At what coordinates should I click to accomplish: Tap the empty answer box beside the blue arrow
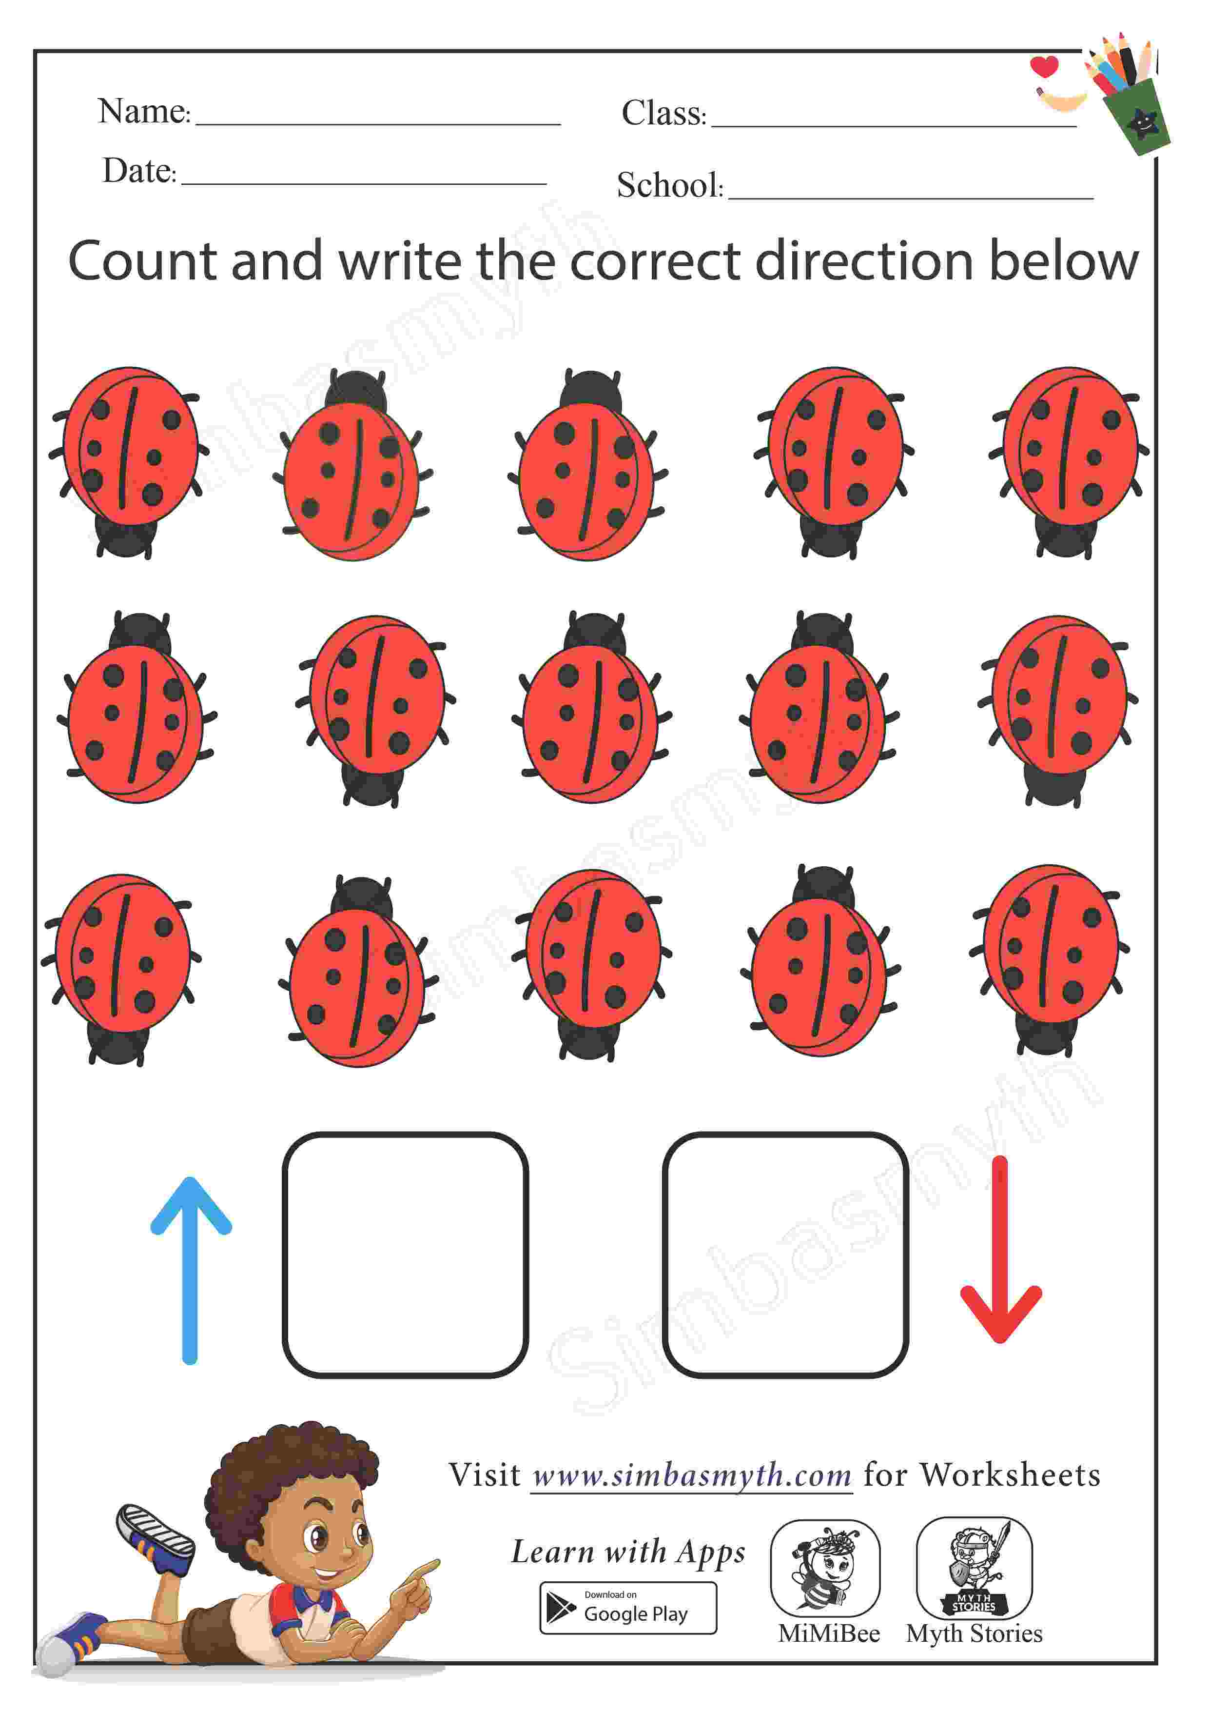click(x=405, y=1254)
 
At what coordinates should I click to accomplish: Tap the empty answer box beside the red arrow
click(x=785, y=1254)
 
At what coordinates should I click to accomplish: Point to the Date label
click(x=139, y=171)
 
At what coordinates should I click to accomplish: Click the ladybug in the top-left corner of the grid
click(x=129, y=462)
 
